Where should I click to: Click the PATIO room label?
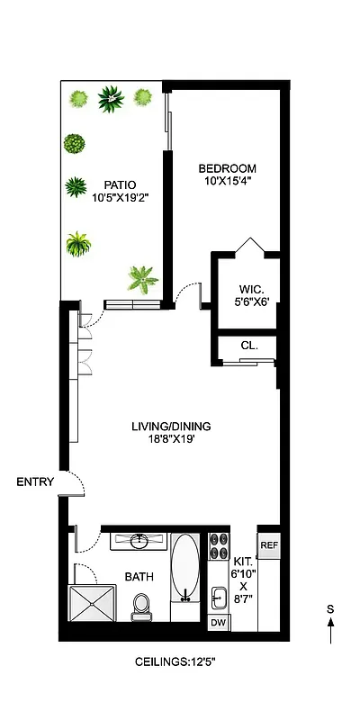(113, 186)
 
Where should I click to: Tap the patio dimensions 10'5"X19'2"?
(113, 200)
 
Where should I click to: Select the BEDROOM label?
(227, 168)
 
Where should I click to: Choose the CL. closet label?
(249, 344)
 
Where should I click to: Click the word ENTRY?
(35, 482)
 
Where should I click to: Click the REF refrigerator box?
(268, 545)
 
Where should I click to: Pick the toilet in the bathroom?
(141, 607)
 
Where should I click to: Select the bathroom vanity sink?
(139, 541)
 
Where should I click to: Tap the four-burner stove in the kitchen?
(218, 545)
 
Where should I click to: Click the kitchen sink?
(219, 596)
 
